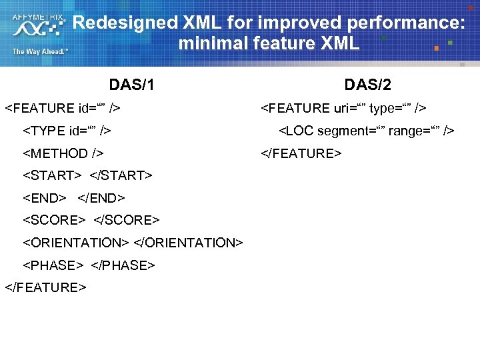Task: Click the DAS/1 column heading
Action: coord(132,85)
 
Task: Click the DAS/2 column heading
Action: coord(367,85)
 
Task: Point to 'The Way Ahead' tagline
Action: coord(39,51)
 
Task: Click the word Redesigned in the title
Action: coord(124,23)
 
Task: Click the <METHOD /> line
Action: coord(63,153)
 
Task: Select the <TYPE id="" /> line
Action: coord(67,131)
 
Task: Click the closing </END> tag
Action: coord(101,198)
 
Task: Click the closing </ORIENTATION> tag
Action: coord(189,243)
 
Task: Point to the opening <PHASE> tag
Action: coord(53,265)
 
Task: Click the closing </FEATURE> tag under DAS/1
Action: coord(45,287)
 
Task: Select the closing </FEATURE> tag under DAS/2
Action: coord(301,153)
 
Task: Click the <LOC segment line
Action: coord(366,131)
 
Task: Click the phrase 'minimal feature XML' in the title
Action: coord(269,44)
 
